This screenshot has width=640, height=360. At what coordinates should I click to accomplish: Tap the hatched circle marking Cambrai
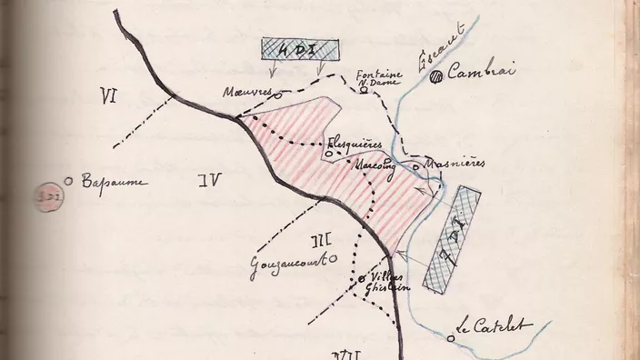click(438, 78)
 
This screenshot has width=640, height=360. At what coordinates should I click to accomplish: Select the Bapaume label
click(114, 182)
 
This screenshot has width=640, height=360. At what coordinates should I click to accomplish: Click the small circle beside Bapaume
click(68, 179)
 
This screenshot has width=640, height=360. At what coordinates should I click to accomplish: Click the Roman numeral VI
click(112, 93)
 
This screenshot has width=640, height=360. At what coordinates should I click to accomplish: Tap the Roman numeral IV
click(210, 180)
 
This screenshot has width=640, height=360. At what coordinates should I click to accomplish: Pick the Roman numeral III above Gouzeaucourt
click(320, 241)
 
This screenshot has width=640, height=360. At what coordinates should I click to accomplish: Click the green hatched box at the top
click(299, 51)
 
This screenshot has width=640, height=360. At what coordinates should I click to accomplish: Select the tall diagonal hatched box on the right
click(455, 238)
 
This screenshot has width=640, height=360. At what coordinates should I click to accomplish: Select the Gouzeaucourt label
click(289, 264)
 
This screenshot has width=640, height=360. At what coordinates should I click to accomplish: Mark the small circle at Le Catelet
click(451, 337)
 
